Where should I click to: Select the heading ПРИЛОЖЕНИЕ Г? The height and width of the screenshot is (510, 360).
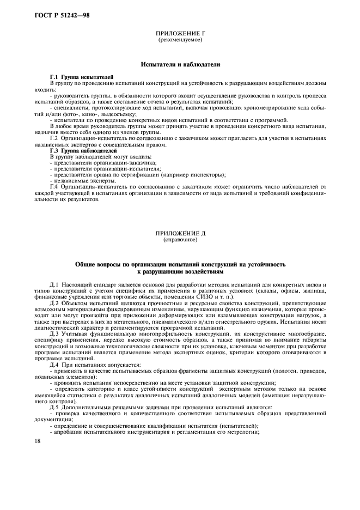click(180, 34)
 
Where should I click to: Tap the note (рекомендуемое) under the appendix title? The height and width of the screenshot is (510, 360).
click(180, 40)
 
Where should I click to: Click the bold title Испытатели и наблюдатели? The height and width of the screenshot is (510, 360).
click(180, 64)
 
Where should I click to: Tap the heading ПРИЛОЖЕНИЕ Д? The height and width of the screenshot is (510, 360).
click(180, 233)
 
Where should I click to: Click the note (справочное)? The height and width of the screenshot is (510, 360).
click(180, 239)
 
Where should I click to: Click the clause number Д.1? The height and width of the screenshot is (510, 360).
click(54, 284)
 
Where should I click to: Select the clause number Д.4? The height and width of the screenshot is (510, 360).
click(54, 363)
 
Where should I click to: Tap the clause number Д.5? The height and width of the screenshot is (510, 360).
click(54, 407)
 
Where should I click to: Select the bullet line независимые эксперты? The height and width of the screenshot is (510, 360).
click(82, 181)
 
